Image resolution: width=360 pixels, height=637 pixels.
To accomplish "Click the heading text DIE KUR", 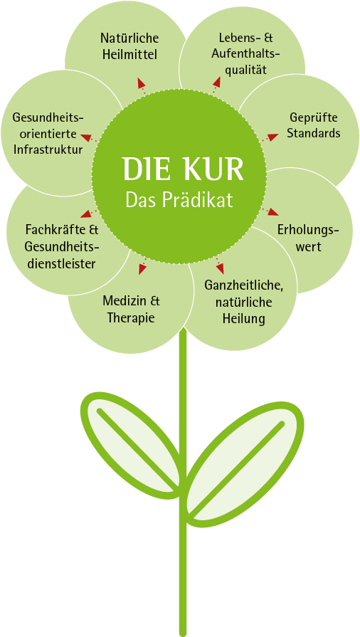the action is (184, 169).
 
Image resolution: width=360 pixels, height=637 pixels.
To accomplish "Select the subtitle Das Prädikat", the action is (179, 199).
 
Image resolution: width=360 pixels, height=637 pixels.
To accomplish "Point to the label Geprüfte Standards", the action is (314, 125).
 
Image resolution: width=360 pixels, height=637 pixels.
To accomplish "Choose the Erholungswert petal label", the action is (308, 238).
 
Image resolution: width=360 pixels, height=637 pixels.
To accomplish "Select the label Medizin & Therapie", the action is (131, 310).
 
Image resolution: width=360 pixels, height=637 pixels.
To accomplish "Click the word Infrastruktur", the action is (48, 149).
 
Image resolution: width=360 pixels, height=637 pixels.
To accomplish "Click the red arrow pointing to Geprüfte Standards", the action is (270, 137).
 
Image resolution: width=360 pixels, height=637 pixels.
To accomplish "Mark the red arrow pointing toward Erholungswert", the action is (270, 211).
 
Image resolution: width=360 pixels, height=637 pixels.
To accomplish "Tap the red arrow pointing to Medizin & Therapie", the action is (143, 265).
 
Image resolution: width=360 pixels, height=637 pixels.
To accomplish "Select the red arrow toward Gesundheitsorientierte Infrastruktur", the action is (89, 137).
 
